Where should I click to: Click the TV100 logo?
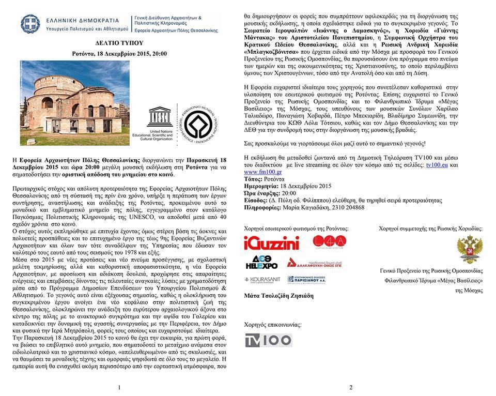point(269,340)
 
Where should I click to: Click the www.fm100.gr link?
point(262,171)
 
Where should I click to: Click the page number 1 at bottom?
point(119,387)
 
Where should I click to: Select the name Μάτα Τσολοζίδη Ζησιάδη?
point(278,296)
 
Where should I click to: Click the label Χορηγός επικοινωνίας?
point(272,325)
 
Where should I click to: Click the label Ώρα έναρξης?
point(261,193)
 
